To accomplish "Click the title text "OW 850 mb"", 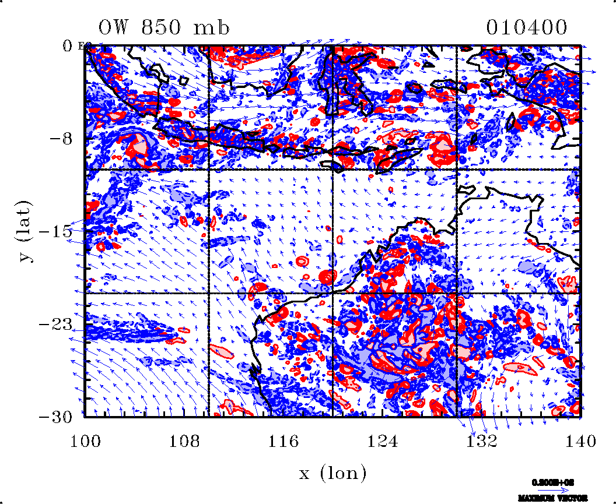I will click(164, 27).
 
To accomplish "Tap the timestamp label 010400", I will click(526, 27).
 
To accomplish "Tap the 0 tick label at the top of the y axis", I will click(68, 45).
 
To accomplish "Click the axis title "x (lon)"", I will click(333, 473).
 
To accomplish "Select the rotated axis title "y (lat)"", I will click(26, 231).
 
